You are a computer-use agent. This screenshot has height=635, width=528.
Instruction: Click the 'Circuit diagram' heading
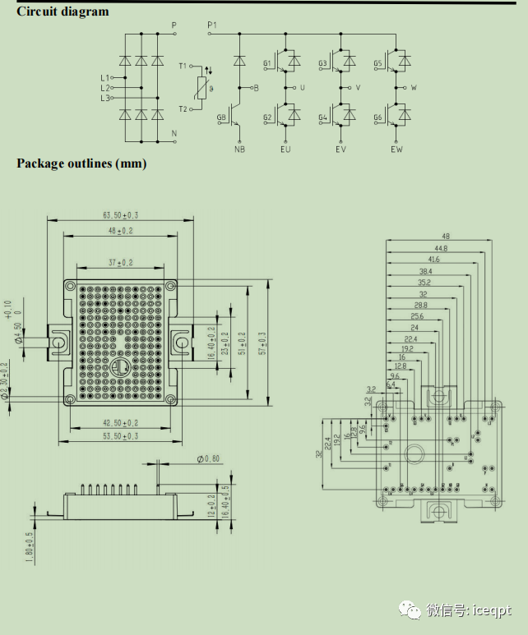tap(63, 12)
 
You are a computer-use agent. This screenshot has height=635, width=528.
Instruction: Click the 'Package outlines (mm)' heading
tap(81, 163)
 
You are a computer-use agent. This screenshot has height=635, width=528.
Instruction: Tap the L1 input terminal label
tap(104, 78)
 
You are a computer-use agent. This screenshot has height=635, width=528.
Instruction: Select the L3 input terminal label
tap(104, 99)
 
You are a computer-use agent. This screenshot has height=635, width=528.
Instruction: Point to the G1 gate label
tap(267, 63)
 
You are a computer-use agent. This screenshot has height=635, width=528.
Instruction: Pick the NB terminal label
tap(239, 150)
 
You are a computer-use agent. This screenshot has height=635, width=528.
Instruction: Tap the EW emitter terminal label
tap(397, 150)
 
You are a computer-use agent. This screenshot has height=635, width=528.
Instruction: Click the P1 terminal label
tap(212, 25)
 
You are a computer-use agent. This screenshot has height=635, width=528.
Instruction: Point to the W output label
tap(414, 87)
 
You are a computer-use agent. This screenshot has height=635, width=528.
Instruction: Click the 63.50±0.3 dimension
tap(120, 215)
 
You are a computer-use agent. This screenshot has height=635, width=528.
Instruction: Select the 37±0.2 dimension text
tap(120, 262)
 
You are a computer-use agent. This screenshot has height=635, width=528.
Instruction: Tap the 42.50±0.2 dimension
tap(120, 423)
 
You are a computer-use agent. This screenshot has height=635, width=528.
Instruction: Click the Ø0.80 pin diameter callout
tap(209, 458)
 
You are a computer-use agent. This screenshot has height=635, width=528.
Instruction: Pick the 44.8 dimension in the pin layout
tap(441, 248)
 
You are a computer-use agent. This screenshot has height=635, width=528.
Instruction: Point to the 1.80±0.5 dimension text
tap(30, 548)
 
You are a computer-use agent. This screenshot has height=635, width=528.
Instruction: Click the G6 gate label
tap(378, 117)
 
